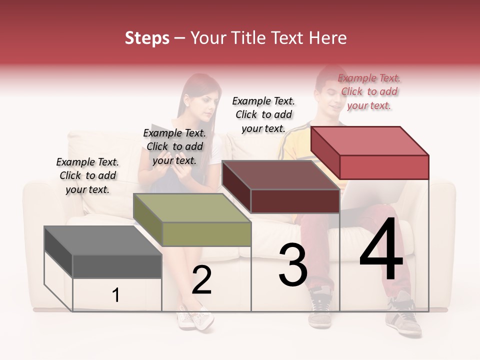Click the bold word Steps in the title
click(147, 38)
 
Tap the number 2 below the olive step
click(201, 280)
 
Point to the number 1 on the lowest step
click(116, 295)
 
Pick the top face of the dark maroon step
click(280, 175)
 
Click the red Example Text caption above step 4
click(369, 91)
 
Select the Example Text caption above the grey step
click(87, 175)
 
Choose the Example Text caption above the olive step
click(174, 146)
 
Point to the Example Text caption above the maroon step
click(263, 114)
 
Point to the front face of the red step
click(384, 167)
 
